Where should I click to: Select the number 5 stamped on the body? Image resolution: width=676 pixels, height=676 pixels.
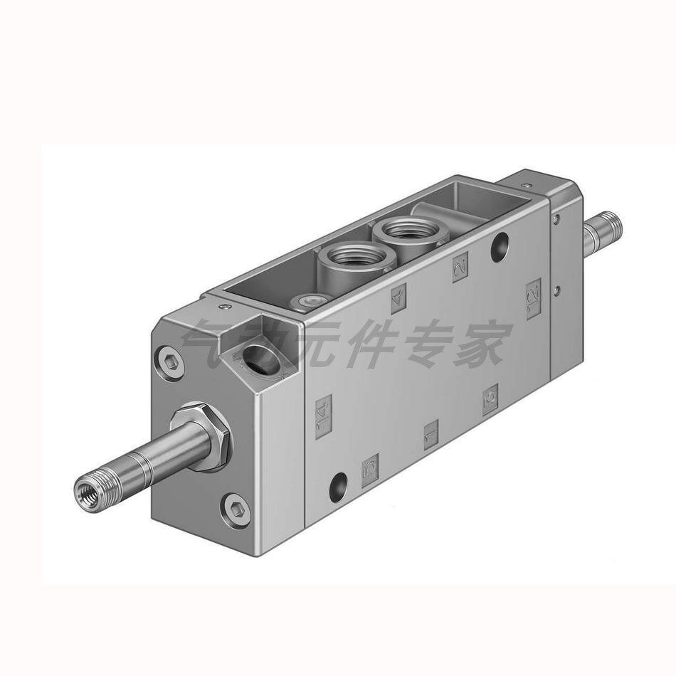(x=370, y=470)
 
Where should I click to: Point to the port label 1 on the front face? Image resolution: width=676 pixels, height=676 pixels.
(x=431, y=434)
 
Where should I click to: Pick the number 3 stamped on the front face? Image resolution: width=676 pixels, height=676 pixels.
(x=490, y=399)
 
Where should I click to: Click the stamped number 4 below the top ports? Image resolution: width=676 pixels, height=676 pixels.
(x=398, y=297)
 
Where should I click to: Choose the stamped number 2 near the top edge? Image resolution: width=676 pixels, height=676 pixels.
(x=460, y=268)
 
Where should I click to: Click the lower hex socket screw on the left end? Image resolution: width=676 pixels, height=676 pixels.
(x=236, y=509)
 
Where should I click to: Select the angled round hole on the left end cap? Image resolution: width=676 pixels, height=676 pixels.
(x=254, y=354)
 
